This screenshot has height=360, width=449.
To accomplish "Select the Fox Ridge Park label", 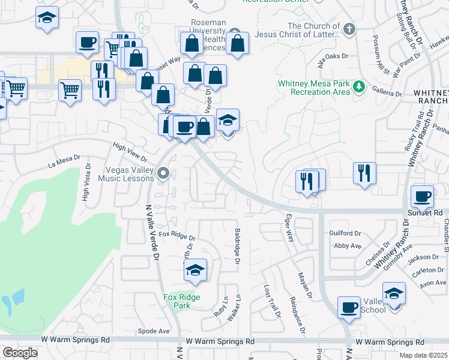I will click(182, 301).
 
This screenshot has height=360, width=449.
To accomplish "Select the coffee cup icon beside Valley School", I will click(349, 308).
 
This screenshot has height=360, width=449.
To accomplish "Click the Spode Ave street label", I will click(154, 331).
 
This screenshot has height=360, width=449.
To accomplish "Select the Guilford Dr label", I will click(345, 233).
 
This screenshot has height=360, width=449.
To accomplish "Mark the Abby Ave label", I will click(348, 245).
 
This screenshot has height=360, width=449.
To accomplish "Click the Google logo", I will click(20, 353).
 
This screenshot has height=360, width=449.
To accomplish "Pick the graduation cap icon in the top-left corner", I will click(46, 18).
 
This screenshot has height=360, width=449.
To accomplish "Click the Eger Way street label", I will click(289, 228).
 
